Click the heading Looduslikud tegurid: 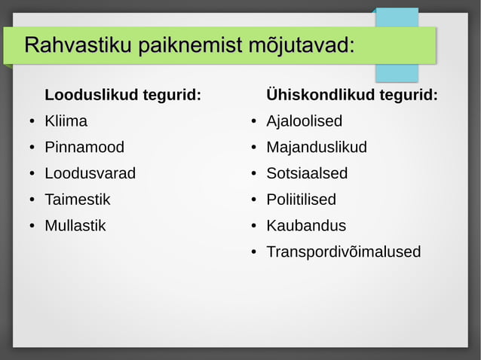123,95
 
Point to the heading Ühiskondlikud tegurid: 351,95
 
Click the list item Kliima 66,121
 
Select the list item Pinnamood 84,147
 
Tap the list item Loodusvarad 90,173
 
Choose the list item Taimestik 77,200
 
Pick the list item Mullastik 75,225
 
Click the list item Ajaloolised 304,121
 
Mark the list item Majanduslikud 317,147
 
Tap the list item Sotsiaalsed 307,173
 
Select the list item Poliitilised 301,200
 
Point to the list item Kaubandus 306,225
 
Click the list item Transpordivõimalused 343,252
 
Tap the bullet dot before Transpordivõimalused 255,252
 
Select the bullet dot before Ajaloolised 255,122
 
